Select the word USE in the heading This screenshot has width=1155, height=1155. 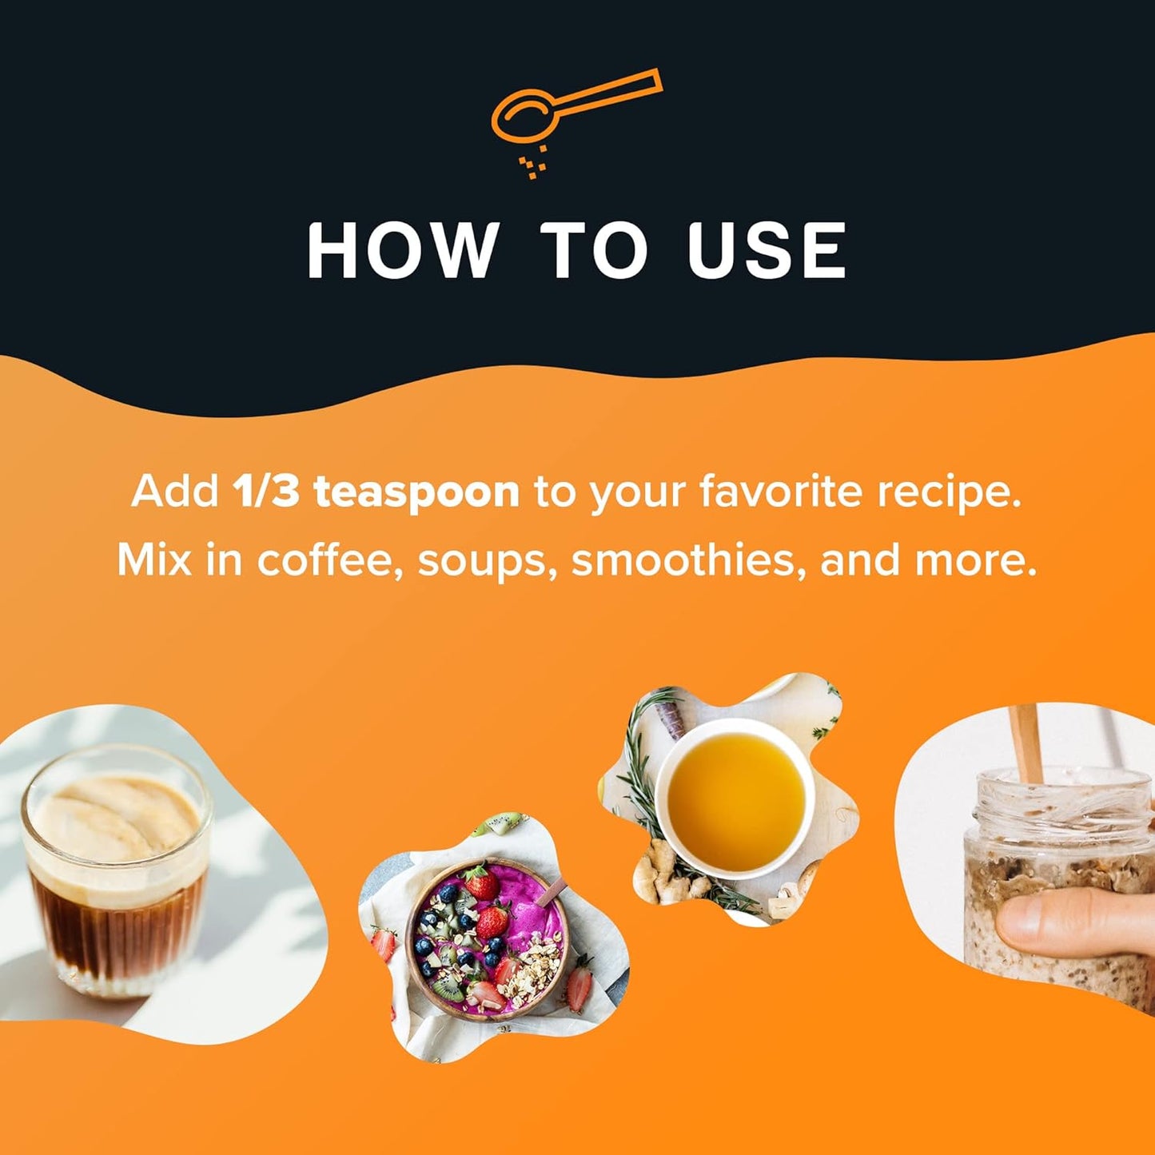[767, 250]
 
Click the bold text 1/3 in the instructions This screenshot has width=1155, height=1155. [265, 492]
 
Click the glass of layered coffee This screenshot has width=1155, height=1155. [117, 871]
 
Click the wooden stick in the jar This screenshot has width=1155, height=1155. [1027, 744]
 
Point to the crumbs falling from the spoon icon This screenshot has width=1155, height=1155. [533, 161]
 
